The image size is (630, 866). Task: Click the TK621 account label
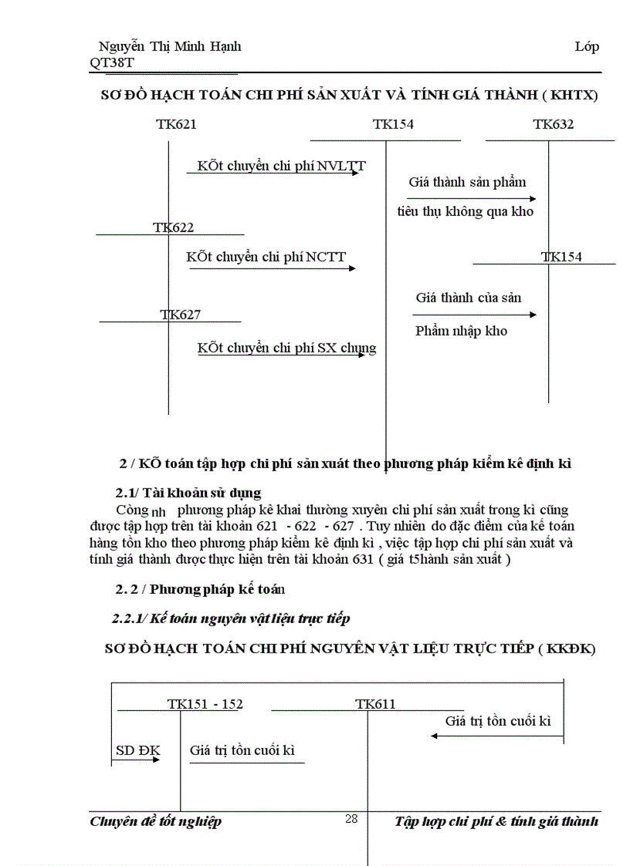(176, 124)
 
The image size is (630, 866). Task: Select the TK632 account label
(553, 124)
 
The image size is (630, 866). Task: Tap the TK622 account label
(173, 227)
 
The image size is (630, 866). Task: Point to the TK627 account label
(181, 314)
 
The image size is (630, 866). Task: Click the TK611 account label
(375, 703)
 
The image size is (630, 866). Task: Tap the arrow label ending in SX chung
(286, 348)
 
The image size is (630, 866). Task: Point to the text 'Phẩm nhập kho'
(461, 331)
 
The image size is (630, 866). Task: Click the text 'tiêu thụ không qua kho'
(465, 211)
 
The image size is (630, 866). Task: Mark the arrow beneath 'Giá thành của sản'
(474, 315)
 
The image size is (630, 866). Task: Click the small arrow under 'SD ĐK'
(136, 760)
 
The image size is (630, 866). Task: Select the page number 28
(351, 819)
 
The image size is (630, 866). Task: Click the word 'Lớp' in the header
(587, 46)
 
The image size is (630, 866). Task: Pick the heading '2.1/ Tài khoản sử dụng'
(188, 493)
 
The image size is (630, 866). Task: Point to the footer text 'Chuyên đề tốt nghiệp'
(156, 821)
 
